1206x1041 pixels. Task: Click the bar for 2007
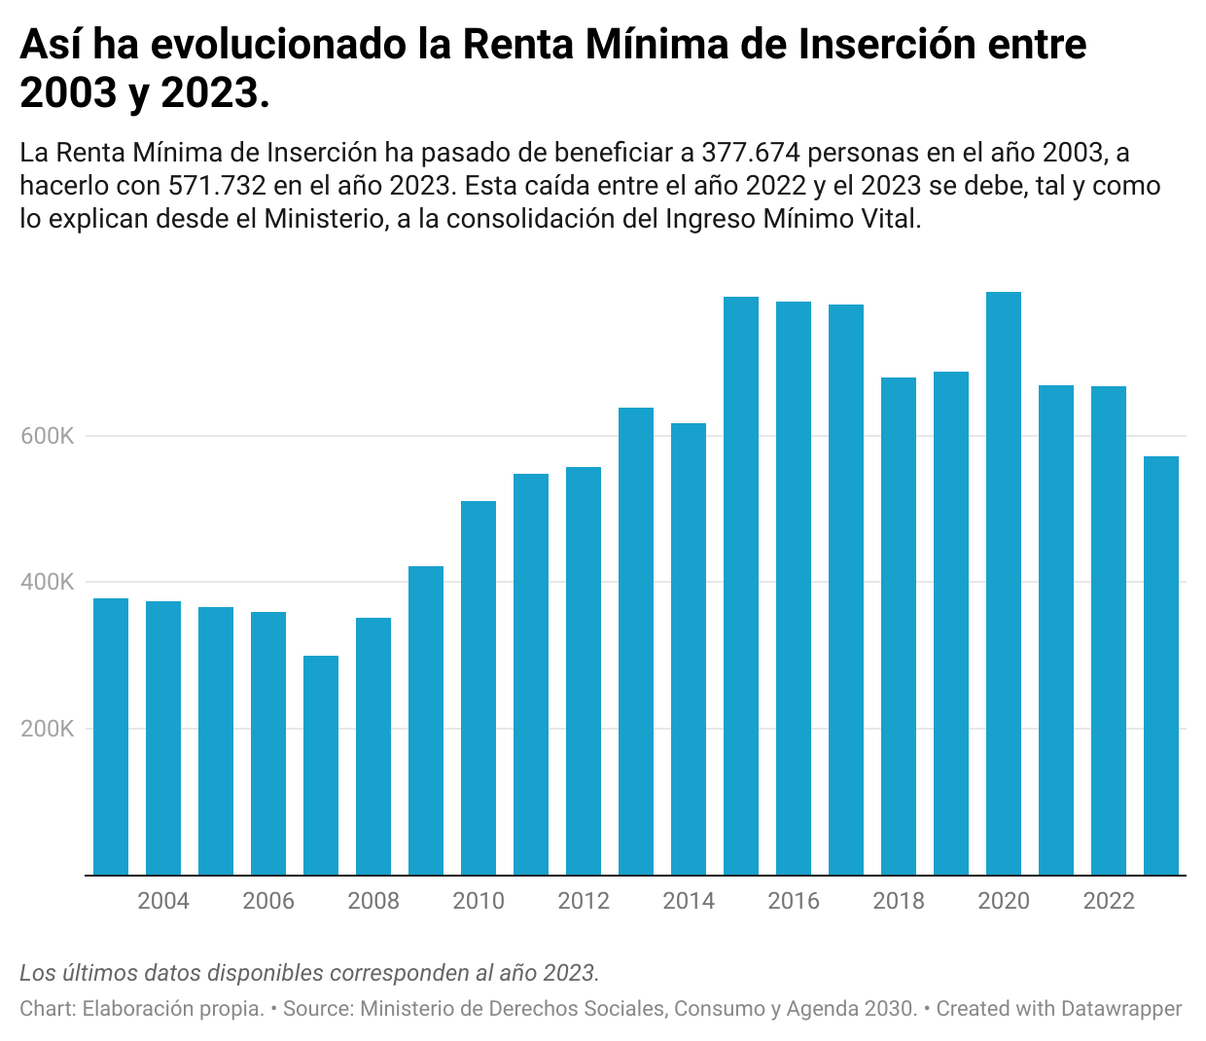pos(321,766)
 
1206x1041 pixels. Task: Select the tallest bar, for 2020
pos(1004,584)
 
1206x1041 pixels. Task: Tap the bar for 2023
pos(1161,666)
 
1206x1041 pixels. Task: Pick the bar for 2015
pos(741,587)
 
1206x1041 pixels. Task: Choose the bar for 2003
pos(111,736)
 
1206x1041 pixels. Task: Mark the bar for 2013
pos(636,642)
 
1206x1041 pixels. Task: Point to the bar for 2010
pos(479,688)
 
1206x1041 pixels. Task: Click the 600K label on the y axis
pos(48,436)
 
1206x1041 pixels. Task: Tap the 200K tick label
pos(48,729)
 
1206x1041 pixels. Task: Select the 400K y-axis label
pos(48,583)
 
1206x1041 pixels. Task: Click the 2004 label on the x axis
pos(163,901)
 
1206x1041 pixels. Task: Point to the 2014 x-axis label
pos(689,901)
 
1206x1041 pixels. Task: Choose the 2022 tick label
pos(1109,901)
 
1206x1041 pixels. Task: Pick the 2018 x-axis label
pos(899,901)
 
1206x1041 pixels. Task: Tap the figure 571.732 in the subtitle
pos(217,186)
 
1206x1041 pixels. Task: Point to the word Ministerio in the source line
pos(408,1009)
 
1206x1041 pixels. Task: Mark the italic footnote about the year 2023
pos(309,973)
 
